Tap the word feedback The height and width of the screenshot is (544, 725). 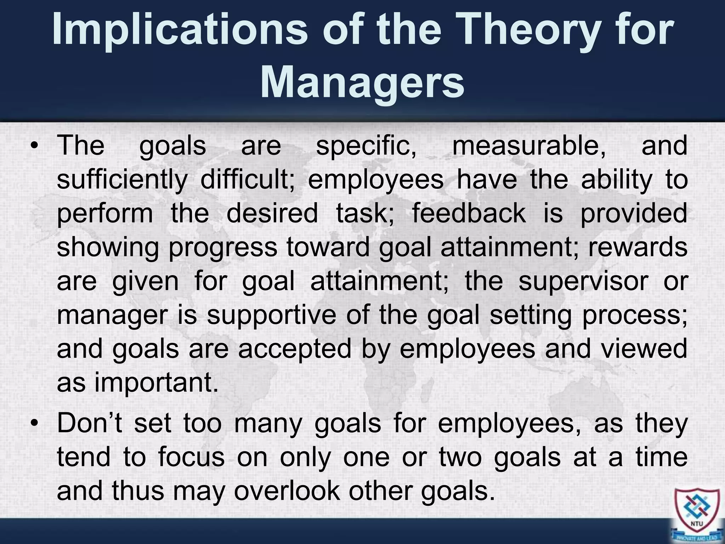469,214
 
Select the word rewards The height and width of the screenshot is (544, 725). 638,247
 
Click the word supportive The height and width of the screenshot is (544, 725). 271,315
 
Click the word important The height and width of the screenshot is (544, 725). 156,383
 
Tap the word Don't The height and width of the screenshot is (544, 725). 89,424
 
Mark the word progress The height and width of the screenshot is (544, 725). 223,247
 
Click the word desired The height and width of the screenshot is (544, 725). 272,214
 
